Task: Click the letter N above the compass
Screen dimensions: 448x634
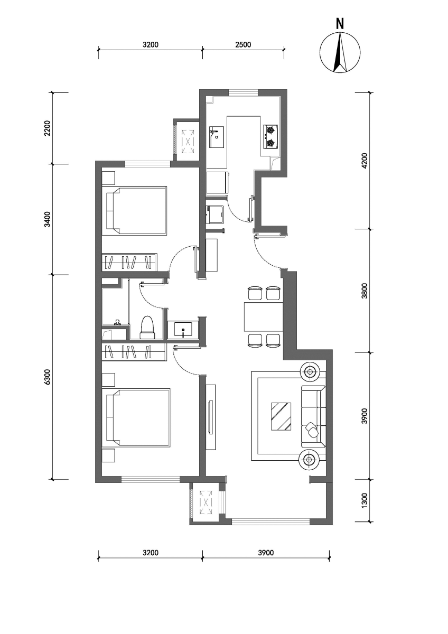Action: [340, 24]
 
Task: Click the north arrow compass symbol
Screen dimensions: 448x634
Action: [340, 52]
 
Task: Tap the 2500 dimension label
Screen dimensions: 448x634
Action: [243, 44]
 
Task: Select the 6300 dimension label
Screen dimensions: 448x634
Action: [48, 377]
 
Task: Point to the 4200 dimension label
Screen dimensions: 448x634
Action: [365, 161]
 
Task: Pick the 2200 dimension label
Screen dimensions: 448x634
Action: [48, 128]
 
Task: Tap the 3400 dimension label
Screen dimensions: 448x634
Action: [48, 219]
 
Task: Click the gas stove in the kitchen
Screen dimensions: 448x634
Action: [270, 137]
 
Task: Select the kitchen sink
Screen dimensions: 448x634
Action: [217, 137]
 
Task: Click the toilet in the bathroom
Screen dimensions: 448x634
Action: [147, 327]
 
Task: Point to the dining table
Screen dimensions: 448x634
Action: [264, 316]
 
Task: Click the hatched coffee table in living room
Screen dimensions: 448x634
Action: [281, 416]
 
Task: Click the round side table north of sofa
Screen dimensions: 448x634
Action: [310, 371]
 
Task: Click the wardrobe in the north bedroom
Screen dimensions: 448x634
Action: [129, 262]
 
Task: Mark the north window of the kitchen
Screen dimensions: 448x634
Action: [243, 93]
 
